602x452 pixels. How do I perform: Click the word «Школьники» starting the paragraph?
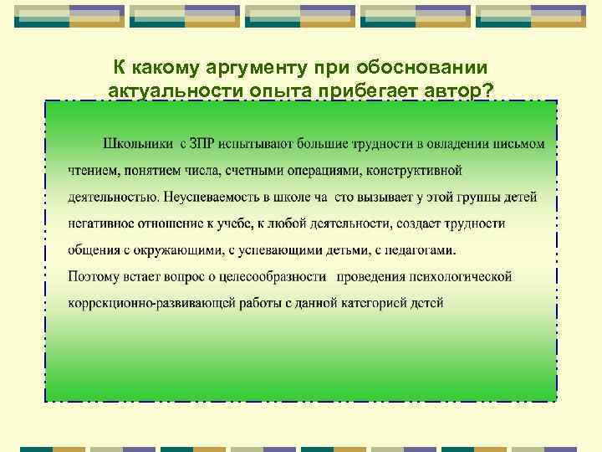click(x=139, y=144)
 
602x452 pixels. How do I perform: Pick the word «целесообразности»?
click(x=274, y=276)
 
